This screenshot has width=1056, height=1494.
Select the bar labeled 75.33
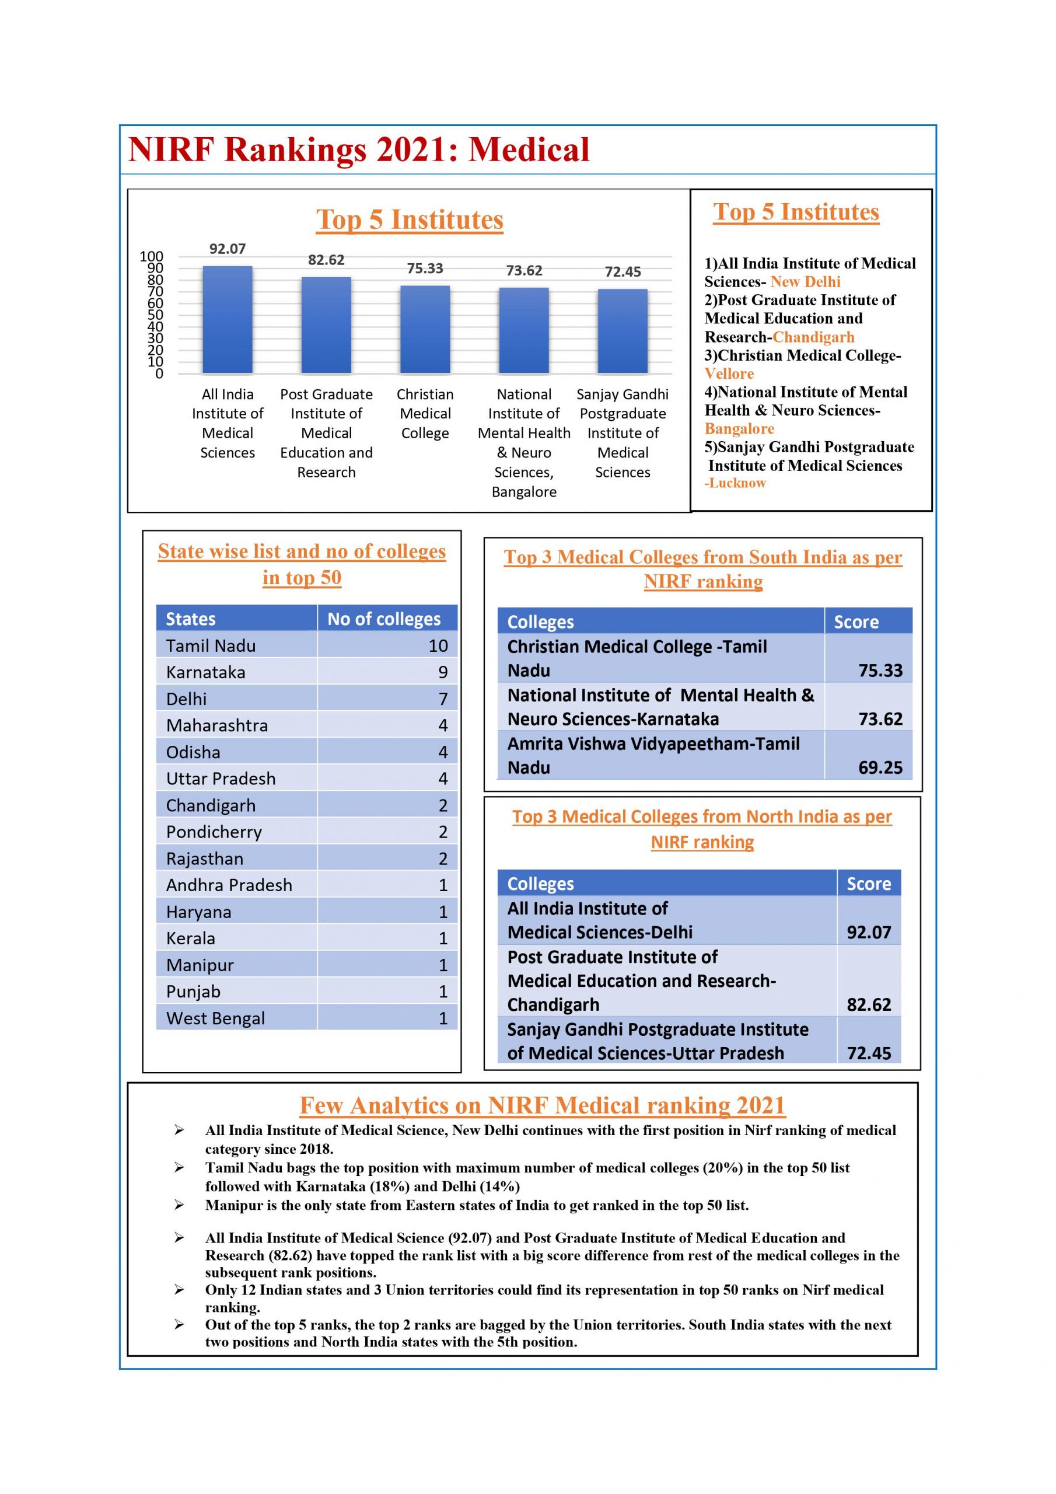pos(425,329)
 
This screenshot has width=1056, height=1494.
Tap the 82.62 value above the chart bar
pos(326,260)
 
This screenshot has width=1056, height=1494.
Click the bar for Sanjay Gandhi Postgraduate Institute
pos(623,331)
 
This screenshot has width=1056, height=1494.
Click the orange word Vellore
pos(729,374)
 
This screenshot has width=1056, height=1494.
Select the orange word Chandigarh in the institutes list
pos(813,337)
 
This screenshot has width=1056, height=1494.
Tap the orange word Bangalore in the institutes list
pos(739,429)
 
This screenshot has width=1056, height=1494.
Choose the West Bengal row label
pos(215,1018)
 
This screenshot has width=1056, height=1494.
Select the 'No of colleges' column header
pos(384,619)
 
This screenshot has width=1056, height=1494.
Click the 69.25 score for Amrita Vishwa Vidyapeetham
pos(880,768)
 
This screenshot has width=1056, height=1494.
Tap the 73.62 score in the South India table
pos(880,719)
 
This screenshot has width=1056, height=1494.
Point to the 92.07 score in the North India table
pos(869,933)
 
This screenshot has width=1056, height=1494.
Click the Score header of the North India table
pos(869,884)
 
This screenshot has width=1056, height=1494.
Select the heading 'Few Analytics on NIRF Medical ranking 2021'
pos(542,1105)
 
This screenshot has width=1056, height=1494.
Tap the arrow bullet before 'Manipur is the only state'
pos(179,1205)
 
